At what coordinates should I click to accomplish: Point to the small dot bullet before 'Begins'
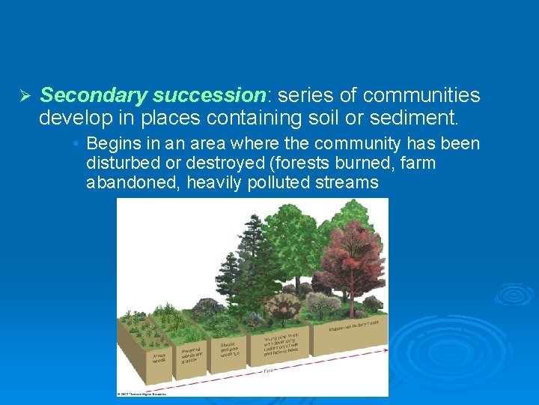coord(77,143)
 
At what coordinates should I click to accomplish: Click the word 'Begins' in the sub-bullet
coord(112,143)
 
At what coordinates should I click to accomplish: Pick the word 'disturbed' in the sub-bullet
coord(119,163)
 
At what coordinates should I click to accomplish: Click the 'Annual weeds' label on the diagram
coord(159,357)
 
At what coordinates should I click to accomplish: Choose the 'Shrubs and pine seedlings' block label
coord(228,349)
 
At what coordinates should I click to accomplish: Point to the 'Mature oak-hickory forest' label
coord(352,325)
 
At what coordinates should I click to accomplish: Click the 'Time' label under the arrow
coord(268,370)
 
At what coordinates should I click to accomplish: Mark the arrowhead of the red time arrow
coord(385,349)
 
